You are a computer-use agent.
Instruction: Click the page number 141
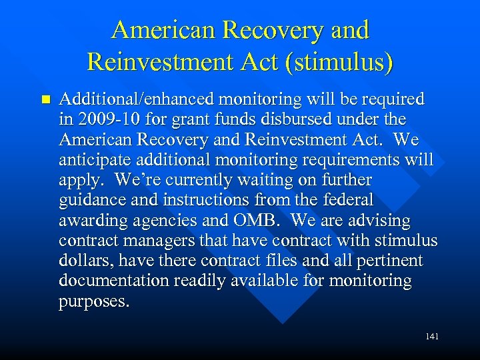coord(431,337)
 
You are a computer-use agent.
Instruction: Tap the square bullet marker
coord(45,100)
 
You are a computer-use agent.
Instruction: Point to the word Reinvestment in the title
coord(157,62)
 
